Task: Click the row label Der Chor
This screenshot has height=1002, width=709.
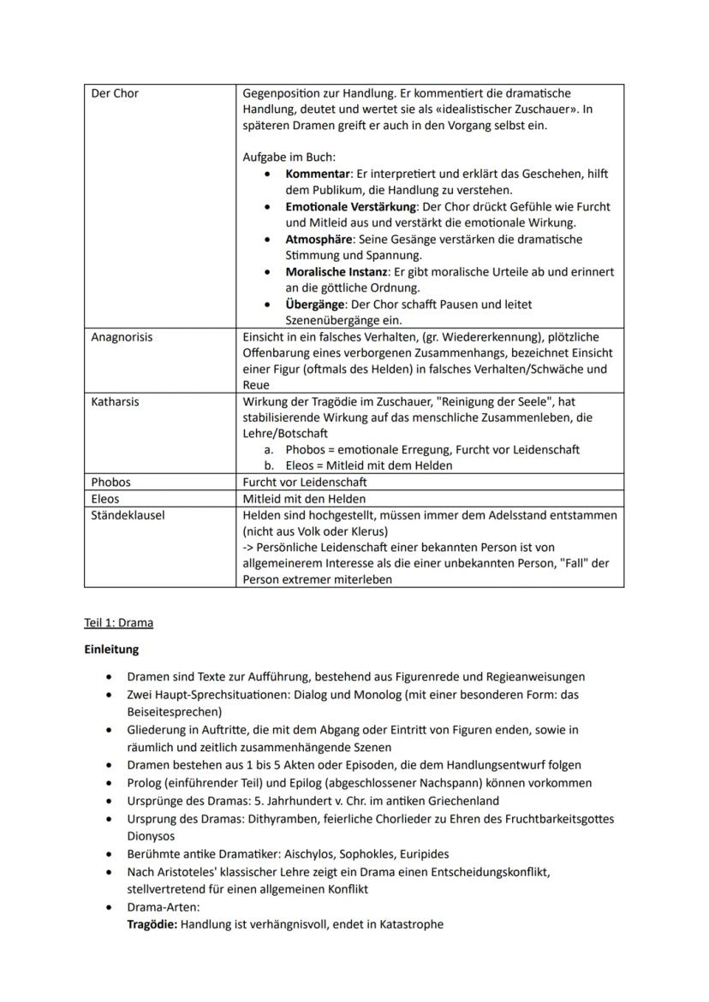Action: point(115,92)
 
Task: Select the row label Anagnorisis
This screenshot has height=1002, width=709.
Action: point(122,336)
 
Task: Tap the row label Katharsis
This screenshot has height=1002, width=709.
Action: point(115,400)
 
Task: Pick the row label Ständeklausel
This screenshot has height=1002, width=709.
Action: point(128,515)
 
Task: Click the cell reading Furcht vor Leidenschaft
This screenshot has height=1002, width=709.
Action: point(305,482)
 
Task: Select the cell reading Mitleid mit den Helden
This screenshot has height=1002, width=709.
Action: point(304,498)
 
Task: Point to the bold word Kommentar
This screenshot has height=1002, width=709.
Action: point(319,174)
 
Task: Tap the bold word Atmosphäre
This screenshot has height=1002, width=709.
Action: point(322,239)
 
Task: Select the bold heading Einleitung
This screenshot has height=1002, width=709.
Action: point(111,649)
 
